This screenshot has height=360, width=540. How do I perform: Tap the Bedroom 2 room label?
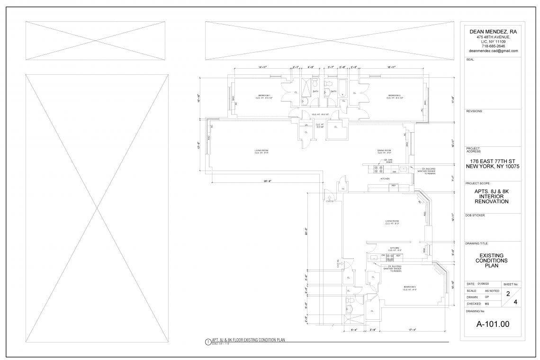click(394, 96)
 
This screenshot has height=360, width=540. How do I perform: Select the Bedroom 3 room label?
click(410, 288)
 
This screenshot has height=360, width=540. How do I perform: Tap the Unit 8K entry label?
click(338, 264)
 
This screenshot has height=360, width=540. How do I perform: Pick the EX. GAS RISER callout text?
click(387, 161)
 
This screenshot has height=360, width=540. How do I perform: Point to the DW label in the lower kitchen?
click(383, 255)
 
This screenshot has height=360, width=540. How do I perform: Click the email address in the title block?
click(493, 50)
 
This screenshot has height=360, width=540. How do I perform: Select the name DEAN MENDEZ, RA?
click(493, 31)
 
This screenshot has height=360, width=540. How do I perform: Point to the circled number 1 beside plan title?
click(207, 342)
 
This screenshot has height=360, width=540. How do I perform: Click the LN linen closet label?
click(306, 125)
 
